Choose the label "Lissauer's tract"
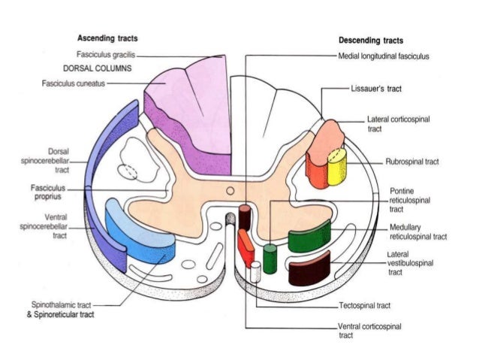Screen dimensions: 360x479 point(375,89)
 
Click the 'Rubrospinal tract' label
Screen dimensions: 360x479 point(412,162)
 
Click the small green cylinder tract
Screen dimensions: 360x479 point(270,257)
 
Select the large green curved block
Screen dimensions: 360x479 point(309,237)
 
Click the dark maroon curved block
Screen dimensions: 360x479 point(310,269)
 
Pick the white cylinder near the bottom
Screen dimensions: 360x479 point(255,271)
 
